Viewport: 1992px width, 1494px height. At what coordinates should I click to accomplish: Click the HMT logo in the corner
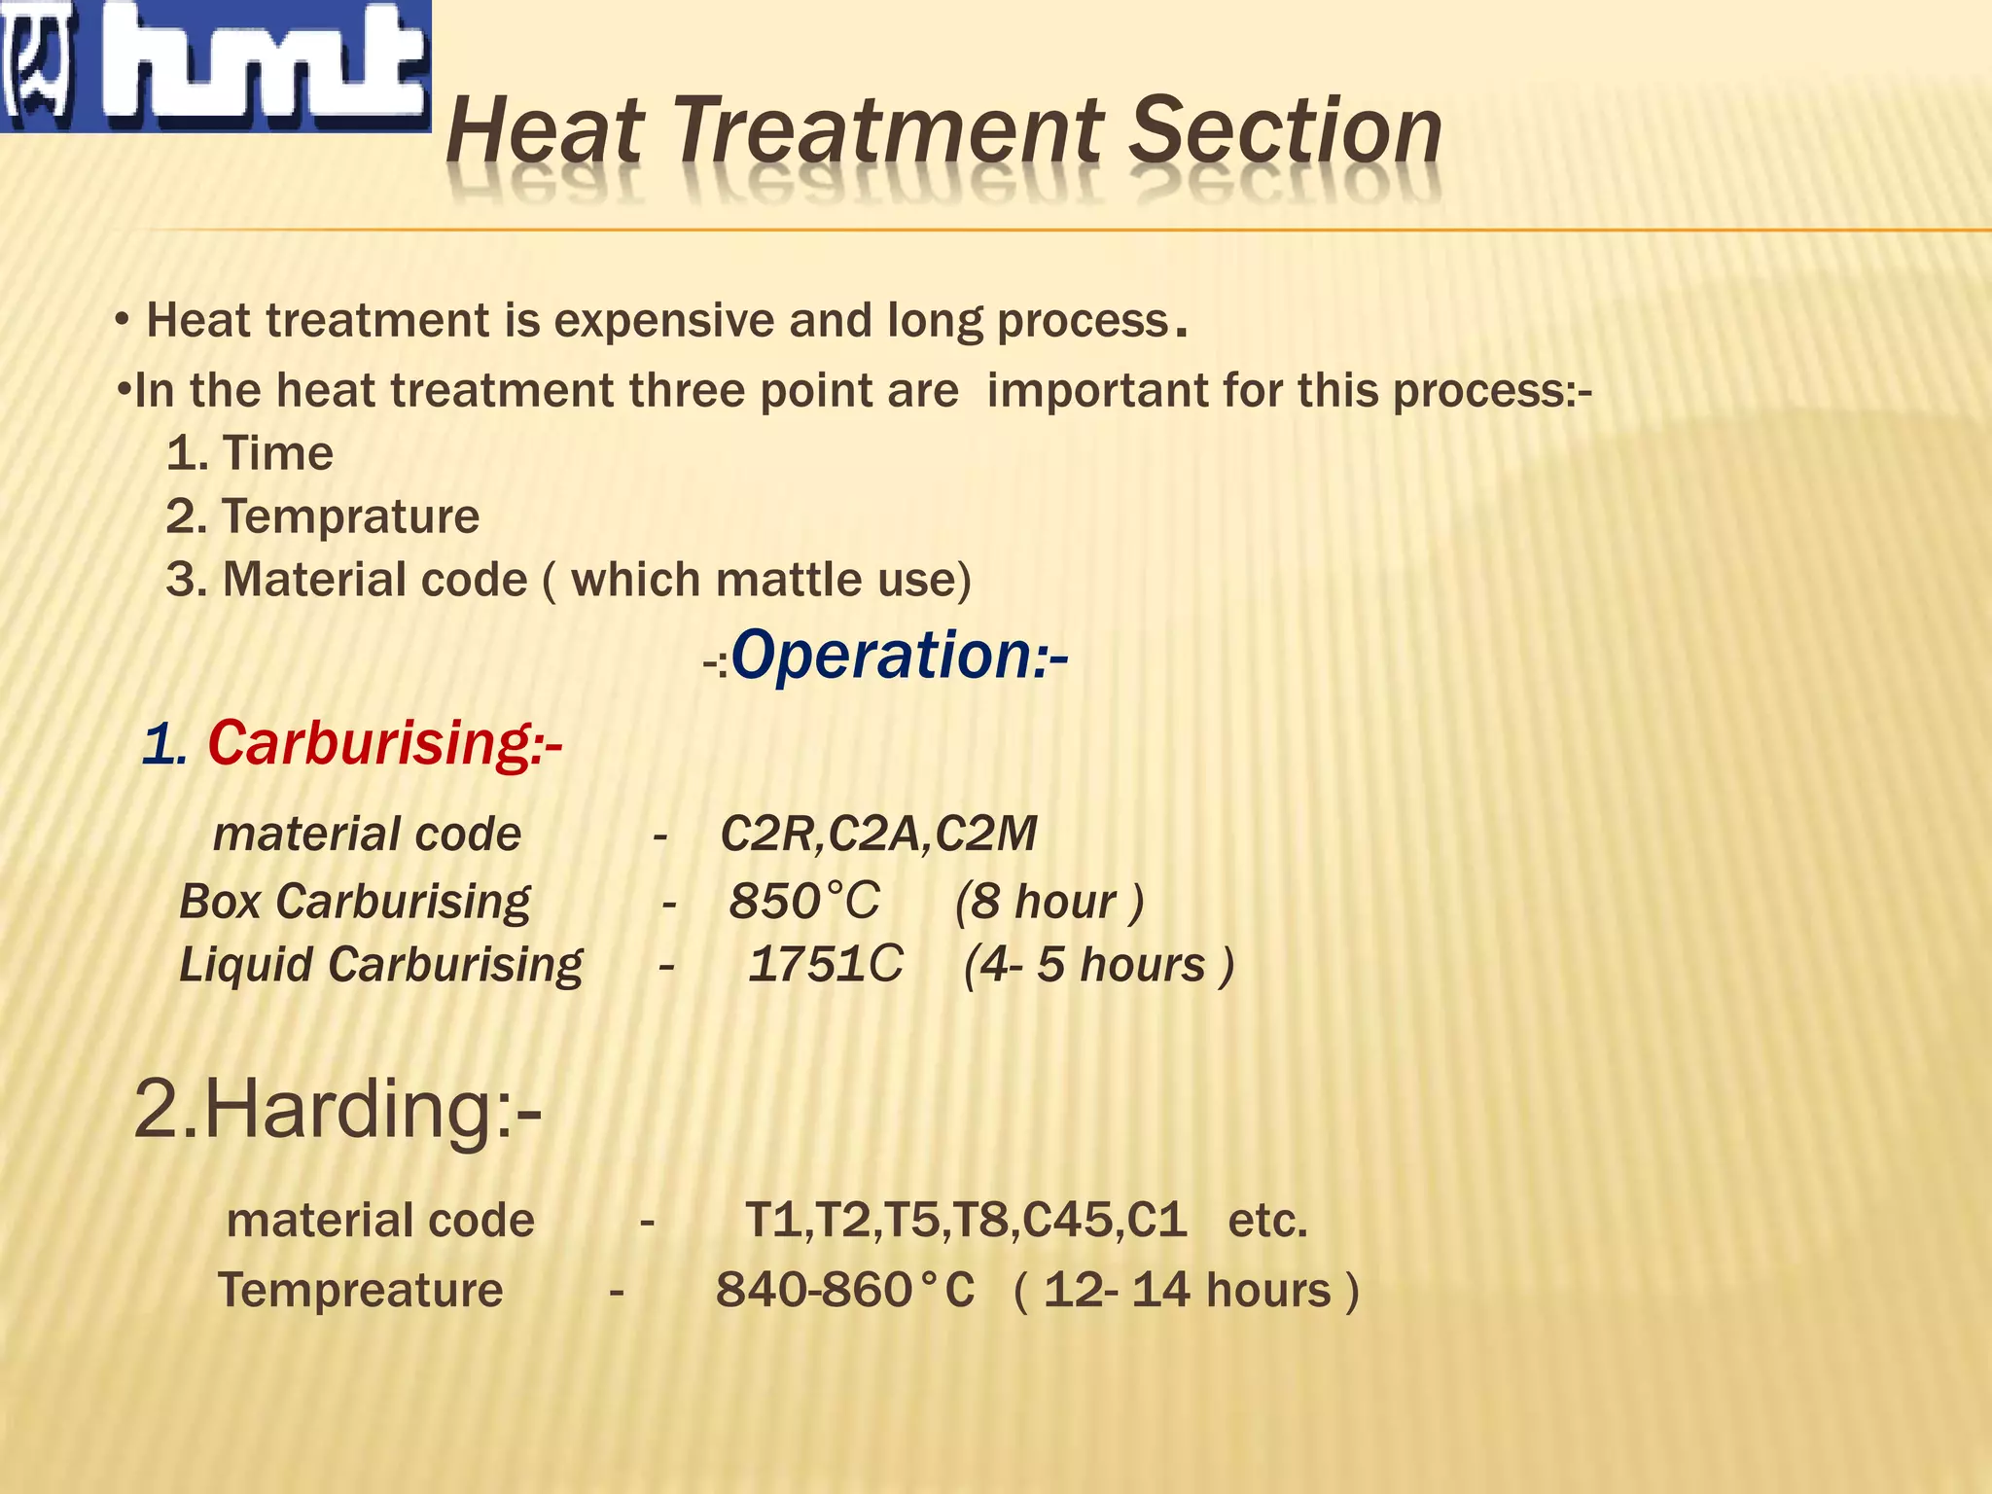[215, 66]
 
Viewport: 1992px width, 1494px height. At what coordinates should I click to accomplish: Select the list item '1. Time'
[250, 453]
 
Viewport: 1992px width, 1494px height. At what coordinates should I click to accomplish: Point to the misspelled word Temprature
[350, 516]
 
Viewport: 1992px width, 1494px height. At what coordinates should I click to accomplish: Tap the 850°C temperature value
[803, 901]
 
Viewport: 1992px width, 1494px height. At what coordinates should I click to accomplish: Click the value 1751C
[825, 964]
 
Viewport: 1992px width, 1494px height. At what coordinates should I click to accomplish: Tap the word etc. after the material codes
[1267, 1220]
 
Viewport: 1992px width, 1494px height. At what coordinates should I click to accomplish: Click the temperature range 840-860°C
[844, 1290]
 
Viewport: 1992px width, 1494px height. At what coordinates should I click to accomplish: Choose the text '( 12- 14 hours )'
[1186, 1290]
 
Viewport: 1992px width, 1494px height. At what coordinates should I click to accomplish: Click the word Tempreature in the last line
[360, 1290]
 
